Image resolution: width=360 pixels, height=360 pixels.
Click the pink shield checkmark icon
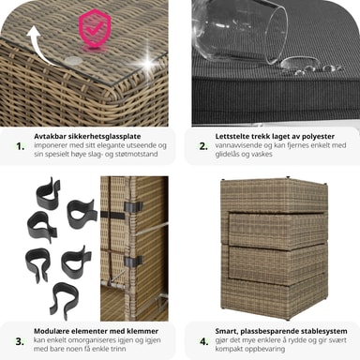pyautogui.click(x=95, y=28)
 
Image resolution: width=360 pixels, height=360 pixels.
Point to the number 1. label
pyautogui.click(x=21, y=146)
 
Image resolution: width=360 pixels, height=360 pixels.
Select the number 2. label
pyautogui.click(x=203, y=146)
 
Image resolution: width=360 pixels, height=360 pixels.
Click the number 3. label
pyautogui.click(x=20, y=341)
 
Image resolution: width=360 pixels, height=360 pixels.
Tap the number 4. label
pyautogui.click(x=204, y=341)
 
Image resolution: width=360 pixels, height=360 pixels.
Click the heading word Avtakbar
pyautogui.click(x=48, y=137)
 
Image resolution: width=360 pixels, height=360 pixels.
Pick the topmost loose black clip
pyautogui.click(x=48, y=194)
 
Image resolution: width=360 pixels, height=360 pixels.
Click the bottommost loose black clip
pyautogui.click(x=64, y=301)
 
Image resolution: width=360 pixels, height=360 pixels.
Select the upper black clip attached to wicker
pyautogui.click(x=133, y=206)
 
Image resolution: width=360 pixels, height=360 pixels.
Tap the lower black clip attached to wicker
pyautogui.click(x=133, y=262)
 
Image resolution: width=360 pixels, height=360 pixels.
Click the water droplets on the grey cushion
pyautogui.click(x=308, y=67)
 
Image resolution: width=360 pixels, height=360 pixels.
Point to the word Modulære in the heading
pyautogui.click(x=51, y=331)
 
